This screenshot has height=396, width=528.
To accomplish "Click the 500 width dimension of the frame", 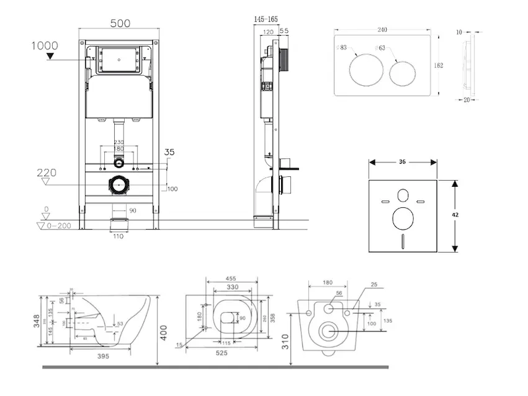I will click(119, 23).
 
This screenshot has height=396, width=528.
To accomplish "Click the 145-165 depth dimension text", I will click(266, 20).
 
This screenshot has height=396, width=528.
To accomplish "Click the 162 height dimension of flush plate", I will click(438, 65).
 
